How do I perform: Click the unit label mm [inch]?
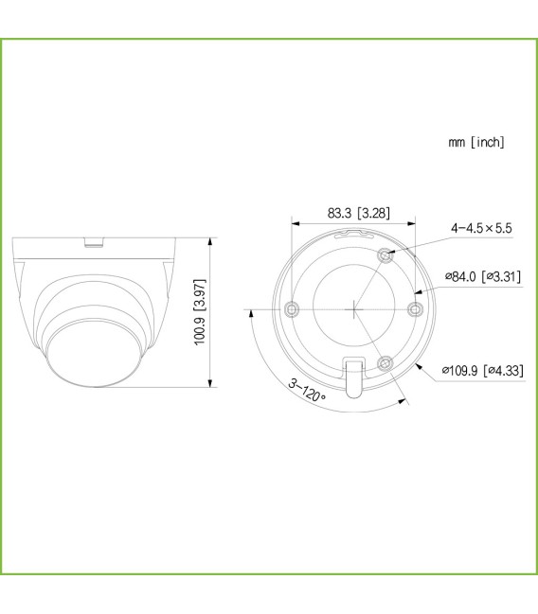coord(476,142)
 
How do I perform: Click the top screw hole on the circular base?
coord(385,254)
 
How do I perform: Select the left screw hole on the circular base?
coord(292,307)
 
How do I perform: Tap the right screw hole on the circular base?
coord(413,307)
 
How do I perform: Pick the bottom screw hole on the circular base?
coord(385,362)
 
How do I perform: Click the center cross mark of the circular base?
coord(353,307)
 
